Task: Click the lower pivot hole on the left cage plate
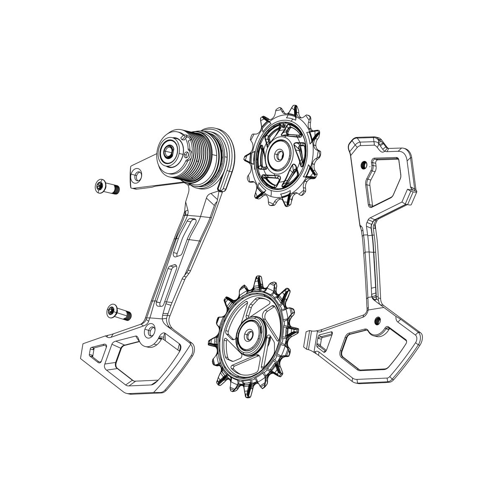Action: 150,330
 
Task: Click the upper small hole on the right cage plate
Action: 363,163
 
